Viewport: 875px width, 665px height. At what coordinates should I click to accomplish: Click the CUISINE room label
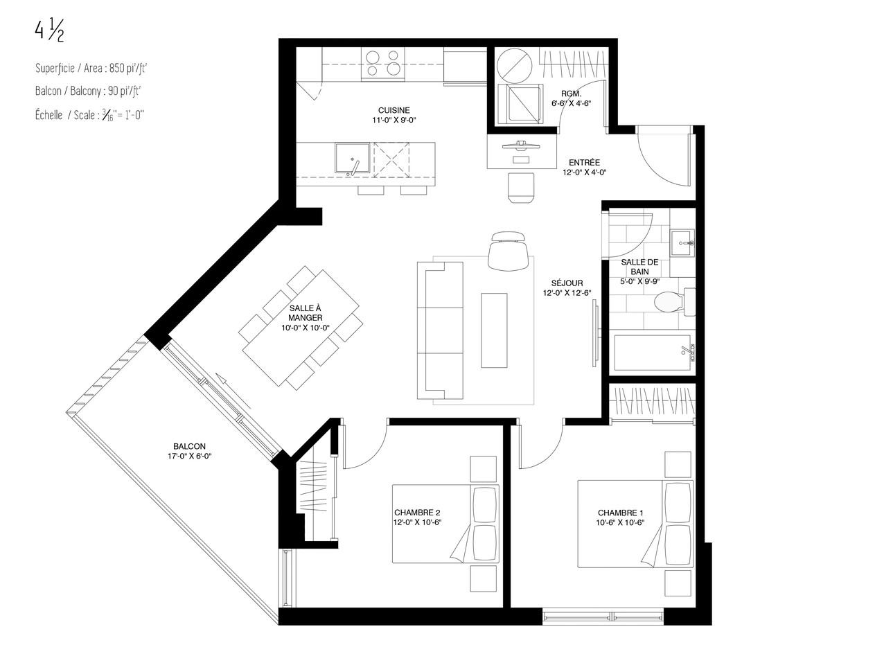pos(394,110)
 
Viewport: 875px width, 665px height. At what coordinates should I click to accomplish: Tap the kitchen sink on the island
pos(353,158)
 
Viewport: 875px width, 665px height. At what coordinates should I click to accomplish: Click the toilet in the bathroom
pos(674,301)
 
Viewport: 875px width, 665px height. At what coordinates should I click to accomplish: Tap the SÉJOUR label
pos(567,283)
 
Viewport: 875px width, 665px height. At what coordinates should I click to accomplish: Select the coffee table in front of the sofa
pos(494,330)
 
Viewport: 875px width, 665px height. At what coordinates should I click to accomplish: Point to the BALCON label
pos(189,446)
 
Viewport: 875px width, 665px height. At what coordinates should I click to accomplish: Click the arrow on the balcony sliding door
pos(233,391)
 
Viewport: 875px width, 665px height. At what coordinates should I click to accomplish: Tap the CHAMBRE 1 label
pos(620,513)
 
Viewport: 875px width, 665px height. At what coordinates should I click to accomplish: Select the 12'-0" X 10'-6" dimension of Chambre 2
pos(417,522)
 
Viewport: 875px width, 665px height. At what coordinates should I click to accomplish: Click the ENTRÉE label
pos(584,163)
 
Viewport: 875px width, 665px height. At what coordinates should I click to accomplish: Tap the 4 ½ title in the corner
pos(49,31)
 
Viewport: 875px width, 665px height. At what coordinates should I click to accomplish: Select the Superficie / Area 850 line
pos(91,68)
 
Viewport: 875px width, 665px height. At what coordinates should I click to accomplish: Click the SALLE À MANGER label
pos(306,313)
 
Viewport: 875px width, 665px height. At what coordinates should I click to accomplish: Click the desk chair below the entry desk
pos(521,188)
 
